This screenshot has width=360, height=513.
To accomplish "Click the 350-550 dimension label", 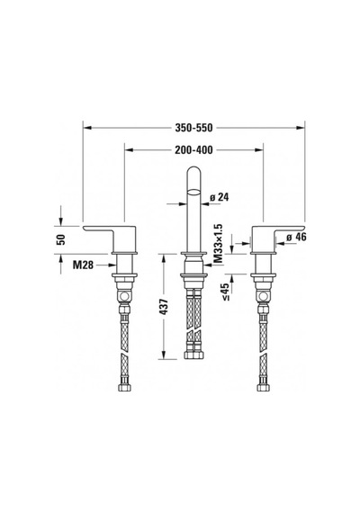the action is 193,128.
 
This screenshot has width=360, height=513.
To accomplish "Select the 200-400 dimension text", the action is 193,149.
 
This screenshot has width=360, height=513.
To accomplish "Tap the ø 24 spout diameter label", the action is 220,197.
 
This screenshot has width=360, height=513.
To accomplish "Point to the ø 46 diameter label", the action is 296,238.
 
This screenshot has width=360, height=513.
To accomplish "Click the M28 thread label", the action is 83,265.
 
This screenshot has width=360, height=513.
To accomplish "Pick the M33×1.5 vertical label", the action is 218,244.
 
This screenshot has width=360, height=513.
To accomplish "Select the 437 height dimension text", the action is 166,307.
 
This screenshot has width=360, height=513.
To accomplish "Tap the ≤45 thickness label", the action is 226,292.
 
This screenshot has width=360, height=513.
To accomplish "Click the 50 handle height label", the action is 61,239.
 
